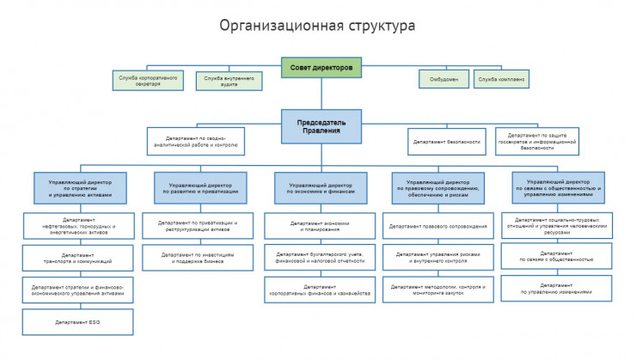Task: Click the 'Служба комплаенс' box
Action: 502,79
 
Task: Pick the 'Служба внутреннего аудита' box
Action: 228,80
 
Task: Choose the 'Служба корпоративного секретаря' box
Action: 147,80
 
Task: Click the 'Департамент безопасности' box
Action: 446,142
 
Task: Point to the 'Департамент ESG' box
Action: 78,321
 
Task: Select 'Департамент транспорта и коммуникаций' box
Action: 78,257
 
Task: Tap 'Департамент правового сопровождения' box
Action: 438,227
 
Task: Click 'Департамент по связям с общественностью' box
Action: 557,257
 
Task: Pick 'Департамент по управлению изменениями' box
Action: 557,289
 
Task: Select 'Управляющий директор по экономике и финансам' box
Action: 321,188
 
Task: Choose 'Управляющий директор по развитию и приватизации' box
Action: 199,188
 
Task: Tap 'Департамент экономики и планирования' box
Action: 320,227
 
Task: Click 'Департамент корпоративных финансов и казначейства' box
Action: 320,290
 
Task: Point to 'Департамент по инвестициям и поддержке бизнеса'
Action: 198,257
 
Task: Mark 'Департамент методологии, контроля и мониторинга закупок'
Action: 438,290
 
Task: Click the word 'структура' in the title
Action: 376,26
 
